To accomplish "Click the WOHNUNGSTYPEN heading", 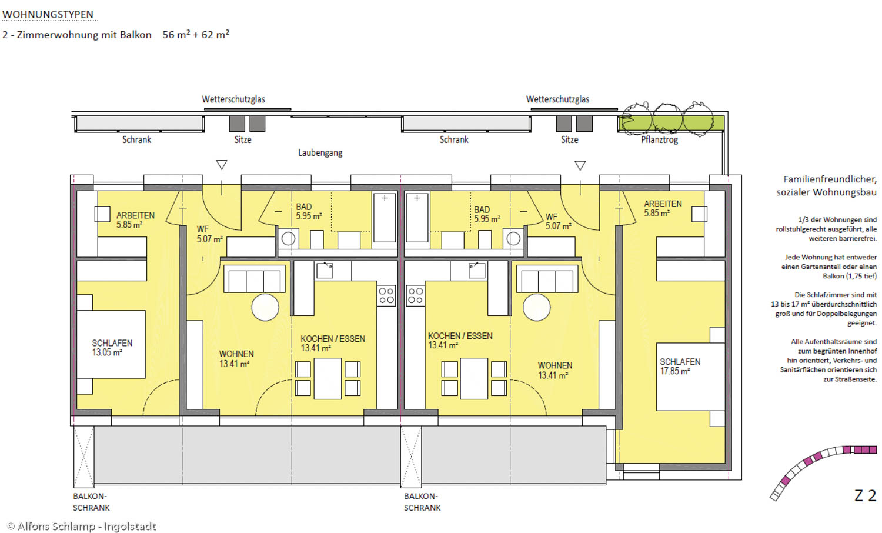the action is pos(48,15).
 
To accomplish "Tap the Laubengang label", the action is pos(320,153).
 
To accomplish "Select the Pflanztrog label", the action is pos(659,140).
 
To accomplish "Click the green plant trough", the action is pos(671,124).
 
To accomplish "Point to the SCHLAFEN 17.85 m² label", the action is pos(680,367).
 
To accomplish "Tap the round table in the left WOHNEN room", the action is pos(265,307).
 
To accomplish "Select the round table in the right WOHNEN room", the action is pos(537,307).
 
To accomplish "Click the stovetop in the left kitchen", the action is pos(386,295).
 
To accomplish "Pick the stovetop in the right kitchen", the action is pos(415,295).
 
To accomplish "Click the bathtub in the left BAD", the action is pos(385,218).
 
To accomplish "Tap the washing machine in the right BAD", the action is pos(513,238).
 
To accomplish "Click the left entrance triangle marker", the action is pos(222,165).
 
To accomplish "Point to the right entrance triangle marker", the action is pos(580,165).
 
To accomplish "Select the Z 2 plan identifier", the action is pos(866,495).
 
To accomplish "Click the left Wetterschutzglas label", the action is pos(233,99).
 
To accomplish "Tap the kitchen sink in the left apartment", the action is pos(325,271).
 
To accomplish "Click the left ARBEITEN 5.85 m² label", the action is pos(135,220).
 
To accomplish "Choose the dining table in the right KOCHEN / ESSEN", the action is pos(474,378).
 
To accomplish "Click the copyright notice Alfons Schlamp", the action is pos(82,527).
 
